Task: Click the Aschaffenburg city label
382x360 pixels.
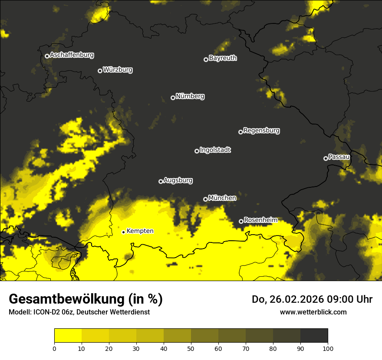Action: [x=72, y=55]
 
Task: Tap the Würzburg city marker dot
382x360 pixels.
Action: [x=100, y=71]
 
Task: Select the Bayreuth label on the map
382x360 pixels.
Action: [x=223, y=58]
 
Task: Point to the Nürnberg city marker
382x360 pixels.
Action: [x=173, y=98]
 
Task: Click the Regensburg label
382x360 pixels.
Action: [x=261, y=130]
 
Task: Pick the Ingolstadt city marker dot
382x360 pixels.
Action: [x=197, y=151]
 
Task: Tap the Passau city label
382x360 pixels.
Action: [x=339, y=157]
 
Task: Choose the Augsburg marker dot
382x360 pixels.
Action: [x=161, y=181]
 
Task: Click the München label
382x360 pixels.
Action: [x=222, y=198]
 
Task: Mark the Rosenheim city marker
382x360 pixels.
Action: [x=241, y=221]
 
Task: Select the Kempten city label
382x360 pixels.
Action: [x=140, y=231]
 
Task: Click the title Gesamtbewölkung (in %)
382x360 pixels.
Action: [x=86, y=299]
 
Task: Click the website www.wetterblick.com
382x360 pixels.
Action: [x=313, y=312]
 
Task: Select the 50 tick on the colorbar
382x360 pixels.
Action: [x=191, y=348]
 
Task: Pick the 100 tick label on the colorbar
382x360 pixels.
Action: [x=328, y=348]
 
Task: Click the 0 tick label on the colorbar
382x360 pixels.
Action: [x=54, y=348]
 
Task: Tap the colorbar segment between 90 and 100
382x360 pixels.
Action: [x=314, y=336]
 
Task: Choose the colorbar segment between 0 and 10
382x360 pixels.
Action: [x=68, y=336]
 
